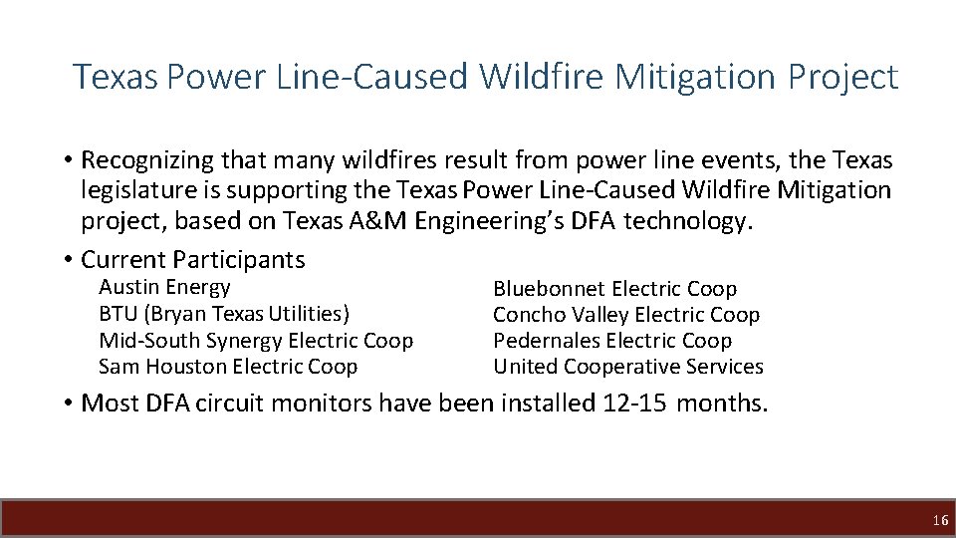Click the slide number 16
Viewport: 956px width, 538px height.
(x=940, y=520)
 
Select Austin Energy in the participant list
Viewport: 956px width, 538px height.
(x=164, y=288)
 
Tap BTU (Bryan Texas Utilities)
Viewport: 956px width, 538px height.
(x=224, y=314)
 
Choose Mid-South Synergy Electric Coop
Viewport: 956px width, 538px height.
(x=256, y=341)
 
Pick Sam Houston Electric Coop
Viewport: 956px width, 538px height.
(x=228, y=367)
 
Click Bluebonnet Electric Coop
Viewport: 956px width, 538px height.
(x=614, y=289)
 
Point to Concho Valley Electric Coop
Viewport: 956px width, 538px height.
(x=625, y=315)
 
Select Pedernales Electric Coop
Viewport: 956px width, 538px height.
(x=611, y=341)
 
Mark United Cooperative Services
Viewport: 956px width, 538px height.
(x=627, y=367)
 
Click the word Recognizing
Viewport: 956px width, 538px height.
(x=148, y=160)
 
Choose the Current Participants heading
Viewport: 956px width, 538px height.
(x=193, y=260)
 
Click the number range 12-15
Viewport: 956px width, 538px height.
(x=634, y=403)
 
